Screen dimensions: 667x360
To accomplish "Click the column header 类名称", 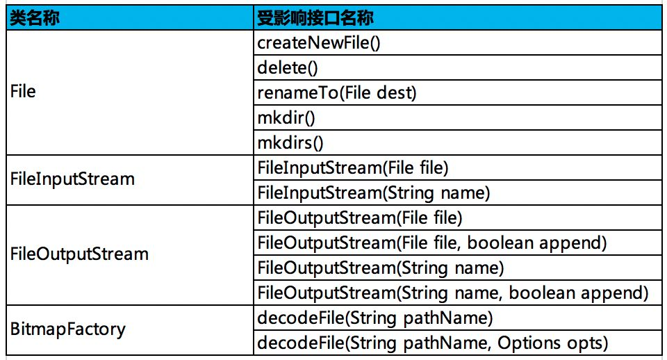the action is tap(35, 18).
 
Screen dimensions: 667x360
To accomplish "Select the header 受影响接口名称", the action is tap(315, 18).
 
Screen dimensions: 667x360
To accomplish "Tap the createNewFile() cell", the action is tap(319, 42).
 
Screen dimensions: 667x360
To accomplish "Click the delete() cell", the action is tap(288, 67).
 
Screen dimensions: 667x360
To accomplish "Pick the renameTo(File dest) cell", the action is tap(337, 92).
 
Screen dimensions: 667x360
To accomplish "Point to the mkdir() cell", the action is tap(286, 118).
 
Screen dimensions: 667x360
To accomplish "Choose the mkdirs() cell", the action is tap(290, 142).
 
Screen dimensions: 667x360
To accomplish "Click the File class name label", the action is tap(23, 91).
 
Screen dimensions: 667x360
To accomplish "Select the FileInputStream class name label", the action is tap(72, 179).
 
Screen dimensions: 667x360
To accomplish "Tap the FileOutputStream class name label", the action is tap(79, 254).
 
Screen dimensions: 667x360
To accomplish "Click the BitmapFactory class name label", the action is tap(68, 329).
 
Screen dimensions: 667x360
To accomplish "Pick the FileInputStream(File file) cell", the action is tap(353, 167).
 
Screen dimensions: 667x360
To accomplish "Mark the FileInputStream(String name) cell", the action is tap(374, 193).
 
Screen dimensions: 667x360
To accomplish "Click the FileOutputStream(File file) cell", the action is tap(360, 218).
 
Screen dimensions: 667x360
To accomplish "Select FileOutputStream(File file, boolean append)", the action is tap(432, 243).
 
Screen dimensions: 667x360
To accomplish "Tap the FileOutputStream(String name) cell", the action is tap(381, 268).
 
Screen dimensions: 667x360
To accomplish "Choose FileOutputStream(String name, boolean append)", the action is tap(453, 293).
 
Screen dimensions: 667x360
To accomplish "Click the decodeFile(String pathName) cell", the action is tap(375, 318).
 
